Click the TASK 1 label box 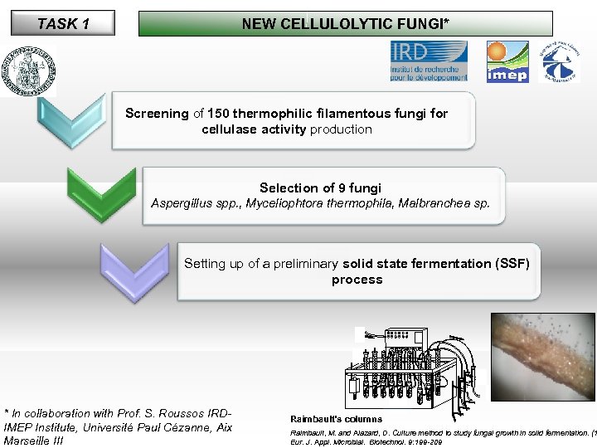[63, 23]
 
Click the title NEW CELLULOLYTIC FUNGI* [344, 23]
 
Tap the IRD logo [429, 61]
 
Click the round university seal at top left [29, 71]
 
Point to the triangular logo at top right [557, 61]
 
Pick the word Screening [157, 113]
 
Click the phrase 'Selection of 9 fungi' [320, 188]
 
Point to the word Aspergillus [181, 203]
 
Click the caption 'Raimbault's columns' [336, 419]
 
